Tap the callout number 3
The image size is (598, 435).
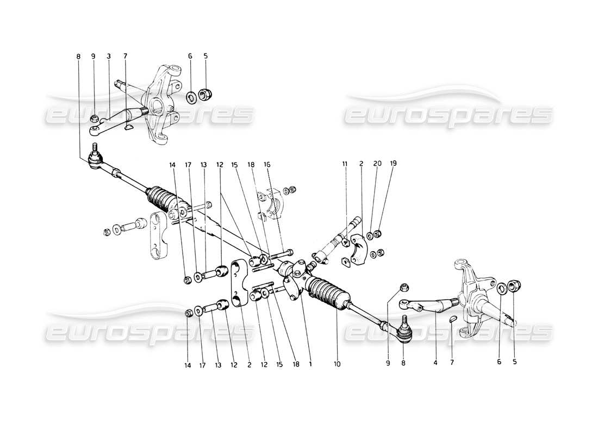pyautogui.click(x=109, y=56)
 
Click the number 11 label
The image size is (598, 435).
pyautogui.click(x=344, y=163)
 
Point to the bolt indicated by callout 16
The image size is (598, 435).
pyautogui.click(x=283, y=253)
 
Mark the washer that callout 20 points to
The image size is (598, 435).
pyautogui.click(x=369, y=235)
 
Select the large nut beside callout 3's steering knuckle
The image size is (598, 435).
pyautogui.click(x=206, y=94)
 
